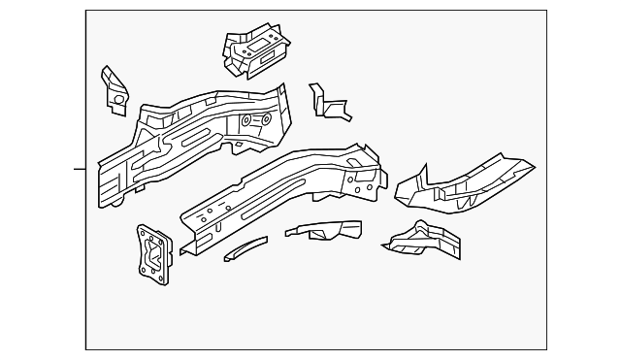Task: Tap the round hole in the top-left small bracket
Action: coord(117,98)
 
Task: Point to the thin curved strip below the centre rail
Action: coord(245,249)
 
